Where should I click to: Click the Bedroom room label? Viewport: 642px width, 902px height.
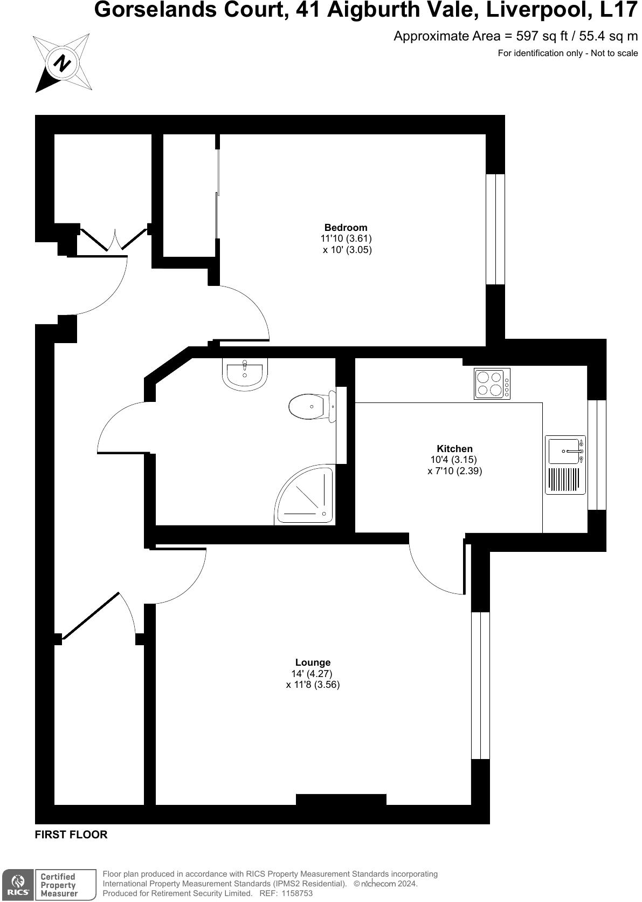(x=346, y=227)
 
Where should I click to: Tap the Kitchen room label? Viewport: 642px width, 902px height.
(x=454, y=448)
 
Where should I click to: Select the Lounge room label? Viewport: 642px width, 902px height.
(x=313, y=662)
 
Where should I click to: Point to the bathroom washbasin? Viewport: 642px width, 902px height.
(x=245, y=373)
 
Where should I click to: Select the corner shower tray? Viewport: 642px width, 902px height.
(x=306, y=496)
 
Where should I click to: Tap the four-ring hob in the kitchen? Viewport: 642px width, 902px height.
(x=492, y=384)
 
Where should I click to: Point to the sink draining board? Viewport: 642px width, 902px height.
(x=564, y=480)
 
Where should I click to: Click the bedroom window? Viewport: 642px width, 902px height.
(x=495, y=229)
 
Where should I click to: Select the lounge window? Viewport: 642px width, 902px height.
(x=480, y=685)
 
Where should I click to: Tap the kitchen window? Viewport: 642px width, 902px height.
(x=597, y=454)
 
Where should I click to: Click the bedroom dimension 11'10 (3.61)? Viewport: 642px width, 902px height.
(x=346, y=238)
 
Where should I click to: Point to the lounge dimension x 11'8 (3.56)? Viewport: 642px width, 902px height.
(x=313, y=685)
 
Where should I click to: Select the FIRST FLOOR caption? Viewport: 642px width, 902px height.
(x=71, y=835)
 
